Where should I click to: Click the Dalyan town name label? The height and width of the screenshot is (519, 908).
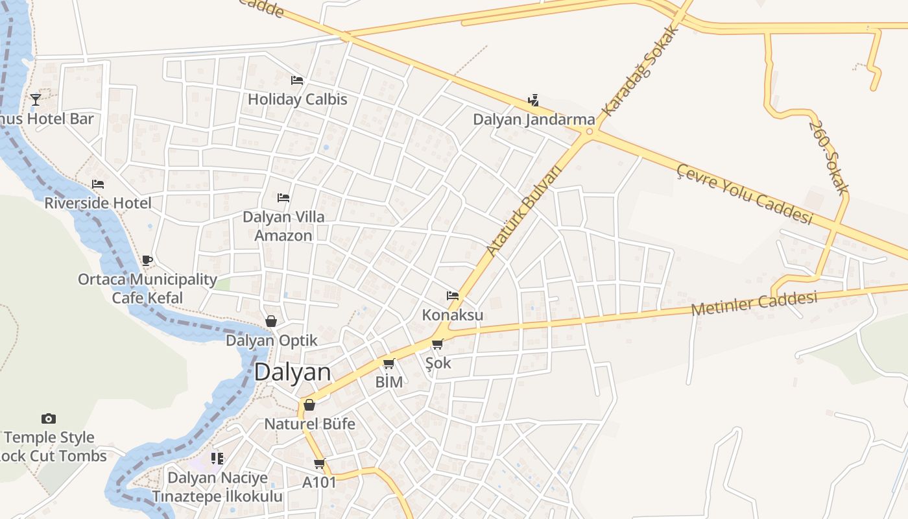click(293, 372)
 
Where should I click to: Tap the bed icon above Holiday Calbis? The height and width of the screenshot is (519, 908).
click(297, 80)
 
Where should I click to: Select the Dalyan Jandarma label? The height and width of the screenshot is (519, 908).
click(534, 119)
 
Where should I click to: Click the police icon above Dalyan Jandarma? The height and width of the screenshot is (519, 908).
click(533, 100)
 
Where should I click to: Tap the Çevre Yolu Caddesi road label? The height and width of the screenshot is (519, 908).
click(745, 194)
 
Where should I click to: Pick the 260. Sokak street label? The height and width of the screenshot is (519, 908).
click(828, 158)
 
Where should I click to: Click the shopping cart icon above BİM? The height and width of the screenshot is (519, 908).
click(389, 363)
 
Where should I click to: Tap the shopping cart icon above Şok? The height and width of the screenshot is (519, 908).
click(438, 344)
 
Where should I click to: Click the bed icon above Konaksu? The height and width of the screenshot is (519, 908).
click(453, 296)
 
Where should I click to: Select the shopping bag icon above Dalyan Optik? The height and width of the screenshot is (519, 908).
click(271, 321)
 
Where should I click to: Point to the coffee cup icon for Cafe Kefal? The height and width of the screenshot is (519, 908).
click(147, 261)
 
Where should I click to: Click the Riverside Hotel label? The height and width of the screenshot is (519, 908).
click(98, 203)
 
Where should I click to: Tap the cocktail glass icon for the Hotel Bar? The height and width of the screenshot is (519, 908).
click(36, 99)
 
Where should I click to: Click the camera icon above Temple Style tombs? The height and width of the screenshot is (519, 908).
click(49, 418)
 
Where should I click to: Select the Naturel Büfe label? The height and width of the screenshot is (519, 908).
click(309, 424)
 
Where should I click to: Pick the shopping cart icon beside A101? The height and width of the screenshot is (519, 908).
click(319, 463)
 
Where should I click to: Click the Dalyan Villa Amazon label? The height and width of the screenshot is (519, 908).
click(283, 226)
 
